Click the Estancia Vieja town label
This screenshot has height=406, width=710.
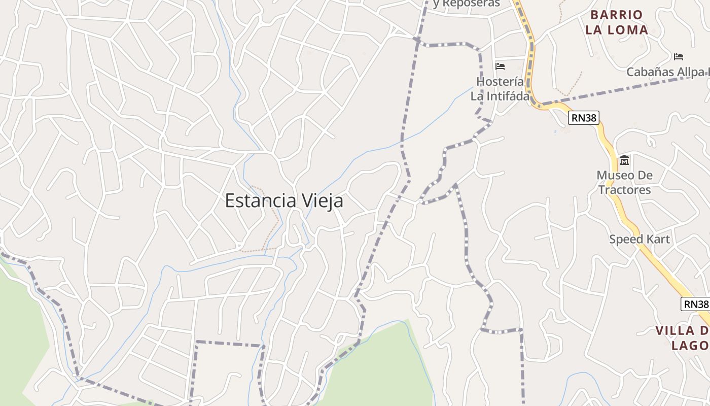(284, 200)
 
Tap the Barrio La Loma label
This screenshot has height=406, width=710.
(617, 22)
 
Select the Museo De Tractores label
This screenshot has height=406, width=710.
(624, 183)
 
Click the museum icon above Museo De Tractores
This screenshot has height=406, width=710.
(624, 160)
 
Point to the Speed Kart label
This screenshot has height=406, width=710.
(640, 239)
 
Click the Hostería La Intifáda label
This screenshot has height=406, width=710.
(500, 89)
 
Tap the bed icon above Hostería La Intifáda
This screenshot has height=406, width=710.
(500, 66)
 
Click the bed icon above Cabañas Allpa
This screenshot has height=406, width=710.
(679, 56)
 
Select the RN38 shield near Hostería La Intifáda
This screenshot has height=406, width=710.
(584, 118)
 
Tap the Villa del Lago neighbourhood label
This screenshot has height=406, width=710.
(683, 338)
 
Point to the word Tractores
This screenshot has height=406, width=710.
(624, 190)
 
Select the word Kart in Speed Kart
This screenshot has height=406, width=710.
(657, 239)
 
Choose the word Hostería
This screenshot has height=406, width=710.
(500, 82)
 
